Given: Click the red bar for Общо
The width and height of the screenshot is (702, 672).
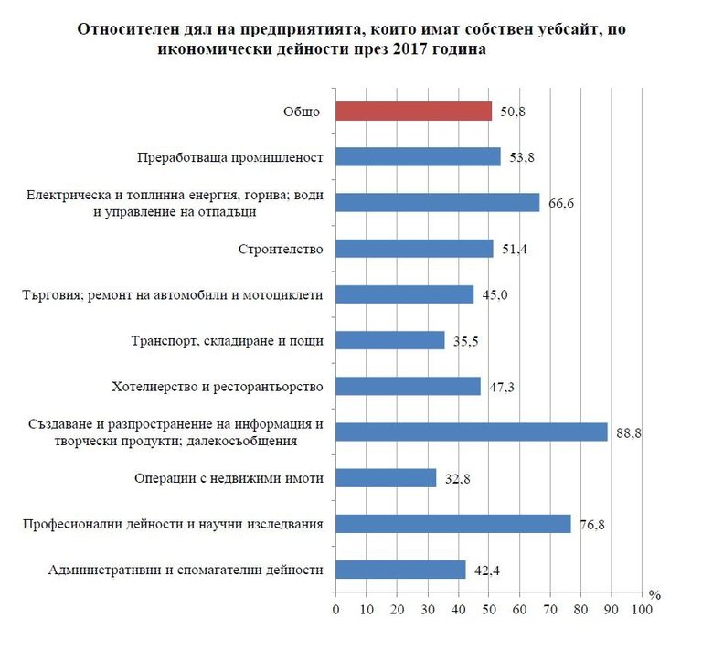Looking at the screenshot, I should [x=413, y=112].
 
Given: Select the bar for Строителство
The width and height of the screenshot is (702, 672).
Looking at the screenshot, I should [x=414, y=249].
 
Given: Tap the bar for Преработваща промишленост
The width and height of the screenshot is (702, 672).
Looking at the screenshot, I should [x=418, y=157].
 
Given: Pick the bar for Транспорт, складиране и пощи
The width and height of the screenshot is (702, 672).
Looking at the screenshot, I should [x=390, y=340].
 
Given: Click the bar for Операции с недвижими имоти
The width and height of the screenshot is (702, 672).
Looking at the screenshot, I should [x=386, y=478].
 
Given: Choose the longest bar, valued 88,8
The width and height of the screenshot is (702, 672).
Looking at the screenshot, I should [x=472, y=432].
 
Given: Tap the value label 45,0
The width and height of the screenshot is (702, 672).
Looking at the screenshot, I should [x=495, y=294].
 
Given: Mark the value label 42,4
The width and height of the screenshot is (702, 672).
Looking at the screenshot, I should [x=486, y=571].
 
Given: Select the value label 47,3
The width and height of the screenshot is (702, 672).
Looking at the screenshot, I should [x=501, y=388].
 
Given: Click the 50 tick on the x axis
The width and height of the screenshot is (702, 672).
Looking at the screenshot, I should [x=489, y=610].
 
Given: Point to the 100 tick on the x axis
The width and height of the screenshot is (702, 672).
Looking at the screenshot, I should [x=643, y=610].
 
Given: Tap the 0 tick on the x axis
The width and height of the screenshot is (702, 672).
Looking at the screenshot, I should [x=335, y=610].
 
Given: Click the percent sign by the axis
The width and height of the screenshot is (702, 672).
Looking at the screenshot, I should [x=654, y=593].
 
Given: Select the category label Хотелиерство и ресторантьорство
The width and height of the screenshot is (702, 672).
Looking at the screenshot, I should [x=229, y=387].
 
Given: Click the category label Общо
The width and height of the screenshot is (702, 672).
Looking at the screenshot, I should [x=302, y=112].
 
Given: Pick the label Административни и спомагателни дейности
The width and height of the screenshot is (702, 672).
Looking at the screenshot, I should [x=186, y=571].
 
